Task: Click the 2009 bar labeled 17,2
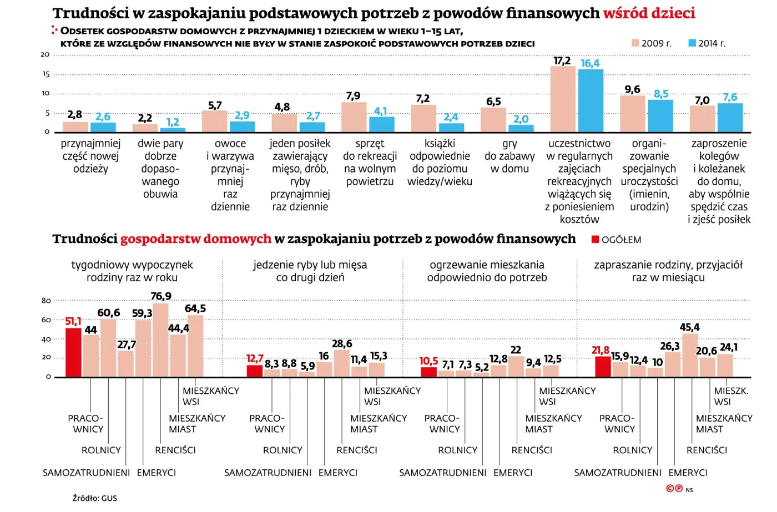coord(563,99)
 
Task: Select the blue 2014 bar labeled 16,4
coord(591,101)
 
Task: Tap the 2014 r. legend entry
coord(707,43)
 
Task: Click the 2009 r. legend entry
coord(652,43)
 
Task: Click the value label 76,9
coord(161,296)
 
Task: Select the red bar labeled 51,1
coord(73,353)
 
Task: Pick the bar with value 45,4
coord(690,355)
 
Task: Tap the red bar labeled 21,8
coord(603,367)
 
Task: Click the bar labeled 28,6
coord(342,363)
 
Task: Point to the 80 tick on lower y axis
coord(46,301)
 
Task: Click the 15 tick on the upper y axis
coord(46,74)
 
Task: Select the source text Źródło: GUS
coord(95,498)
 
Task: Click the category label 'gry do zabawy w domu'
coord(509,156)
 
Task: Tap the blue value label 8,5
coord(661,94)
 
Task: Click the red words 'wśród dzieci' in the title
coord(649,13)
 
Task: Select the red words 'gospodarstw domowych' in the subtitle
coord(195,239)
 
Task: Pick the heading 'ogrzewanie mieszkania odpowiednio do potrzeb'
coord(487,271)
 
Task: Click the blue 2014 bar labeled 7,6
coord(730,118)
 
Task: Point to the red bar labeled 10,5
coord(428,372)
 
